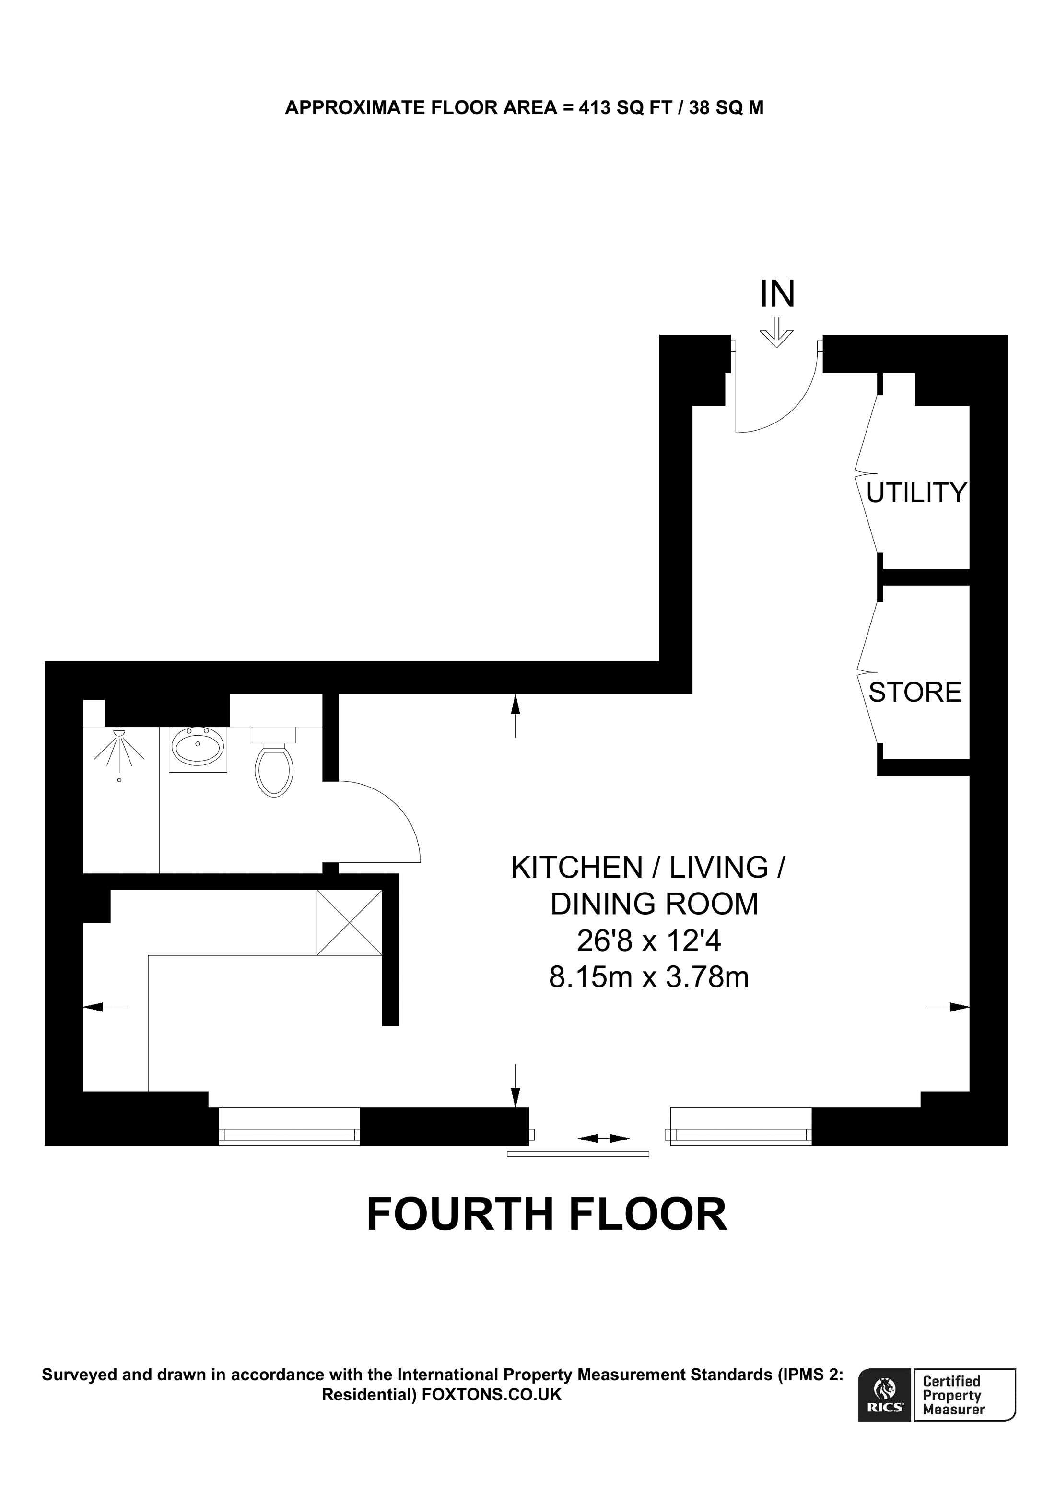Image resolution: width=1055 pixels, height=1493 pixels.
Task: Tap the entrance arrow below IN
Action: tap(776, 333)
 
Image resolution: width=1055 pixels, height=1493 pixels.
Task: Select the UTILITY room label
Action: tap(916, 494)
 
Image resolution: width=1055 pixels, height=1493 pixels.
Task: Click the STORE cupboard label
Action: tap(914, 693)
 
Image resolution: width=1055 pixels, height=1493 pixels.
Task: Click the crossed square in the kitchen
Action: tap(349, 923)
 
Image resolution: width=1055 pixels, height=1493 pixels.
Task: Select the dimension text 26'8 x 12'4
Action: tap(649, 940)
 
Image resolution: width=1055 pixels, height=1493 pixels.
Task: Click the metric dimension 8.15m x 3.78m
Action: tap(649, 976)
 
